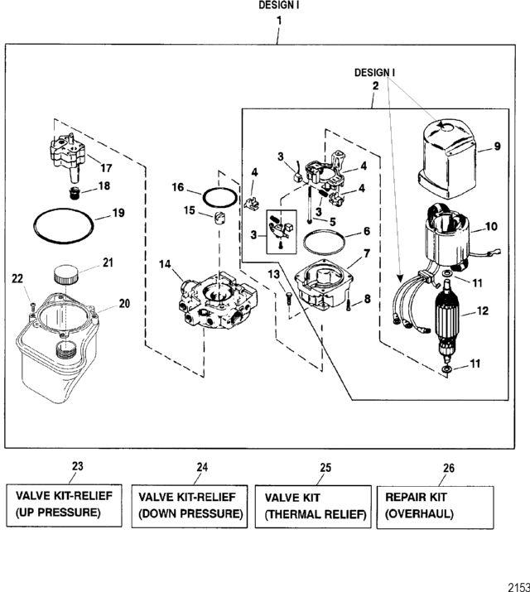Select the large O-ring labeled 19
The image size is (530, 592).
62,224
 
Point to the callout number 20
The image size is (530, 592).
124,304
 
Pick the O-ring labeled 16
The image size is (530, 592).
219,199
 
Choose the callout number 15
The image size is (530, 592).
190,210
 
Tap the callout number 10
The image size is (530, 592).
490,226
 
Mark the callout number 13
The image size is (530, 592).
274,274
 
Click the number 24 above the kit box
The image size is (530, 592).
202,467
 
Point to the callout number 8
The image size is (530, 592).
367,298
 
